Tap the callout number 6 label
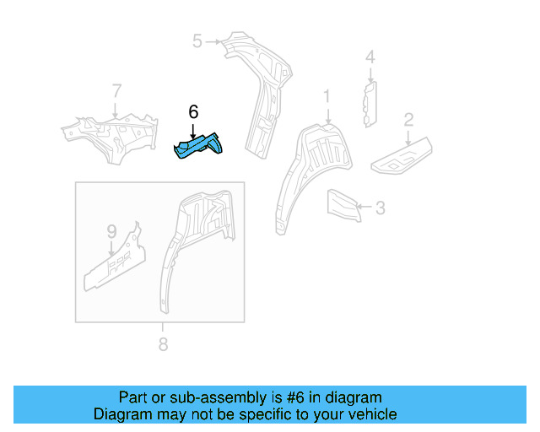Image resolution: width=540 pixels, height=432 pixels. click(x=193, y=112)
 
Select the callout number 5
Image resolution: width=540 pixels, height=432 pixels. click(x=197, y=40)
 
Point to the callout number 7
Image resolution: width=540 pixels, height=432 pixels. click(x=116, y=90)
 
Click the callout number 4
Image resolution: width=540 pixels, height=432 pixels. click(x=369, y=57)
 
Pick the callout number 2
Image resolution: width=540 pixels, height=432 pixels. click(x=408, y=119)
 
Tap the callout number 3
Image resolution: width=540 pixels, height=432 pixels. click(x=380, y=207)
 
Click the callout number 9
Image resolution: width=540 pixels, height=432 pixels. click(x=111, y=230)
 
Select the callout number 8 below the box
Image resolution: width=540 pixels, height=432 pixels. click(x=162, y=343)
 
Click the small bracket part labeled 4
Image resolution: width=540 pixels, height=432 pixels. click(x=370, y=103)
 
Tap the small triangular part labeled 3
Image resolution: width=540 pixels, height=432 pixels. click(x=342, y=206)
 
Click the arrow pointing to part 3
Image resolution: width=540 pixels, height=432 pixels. click(x=362, y=206)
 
